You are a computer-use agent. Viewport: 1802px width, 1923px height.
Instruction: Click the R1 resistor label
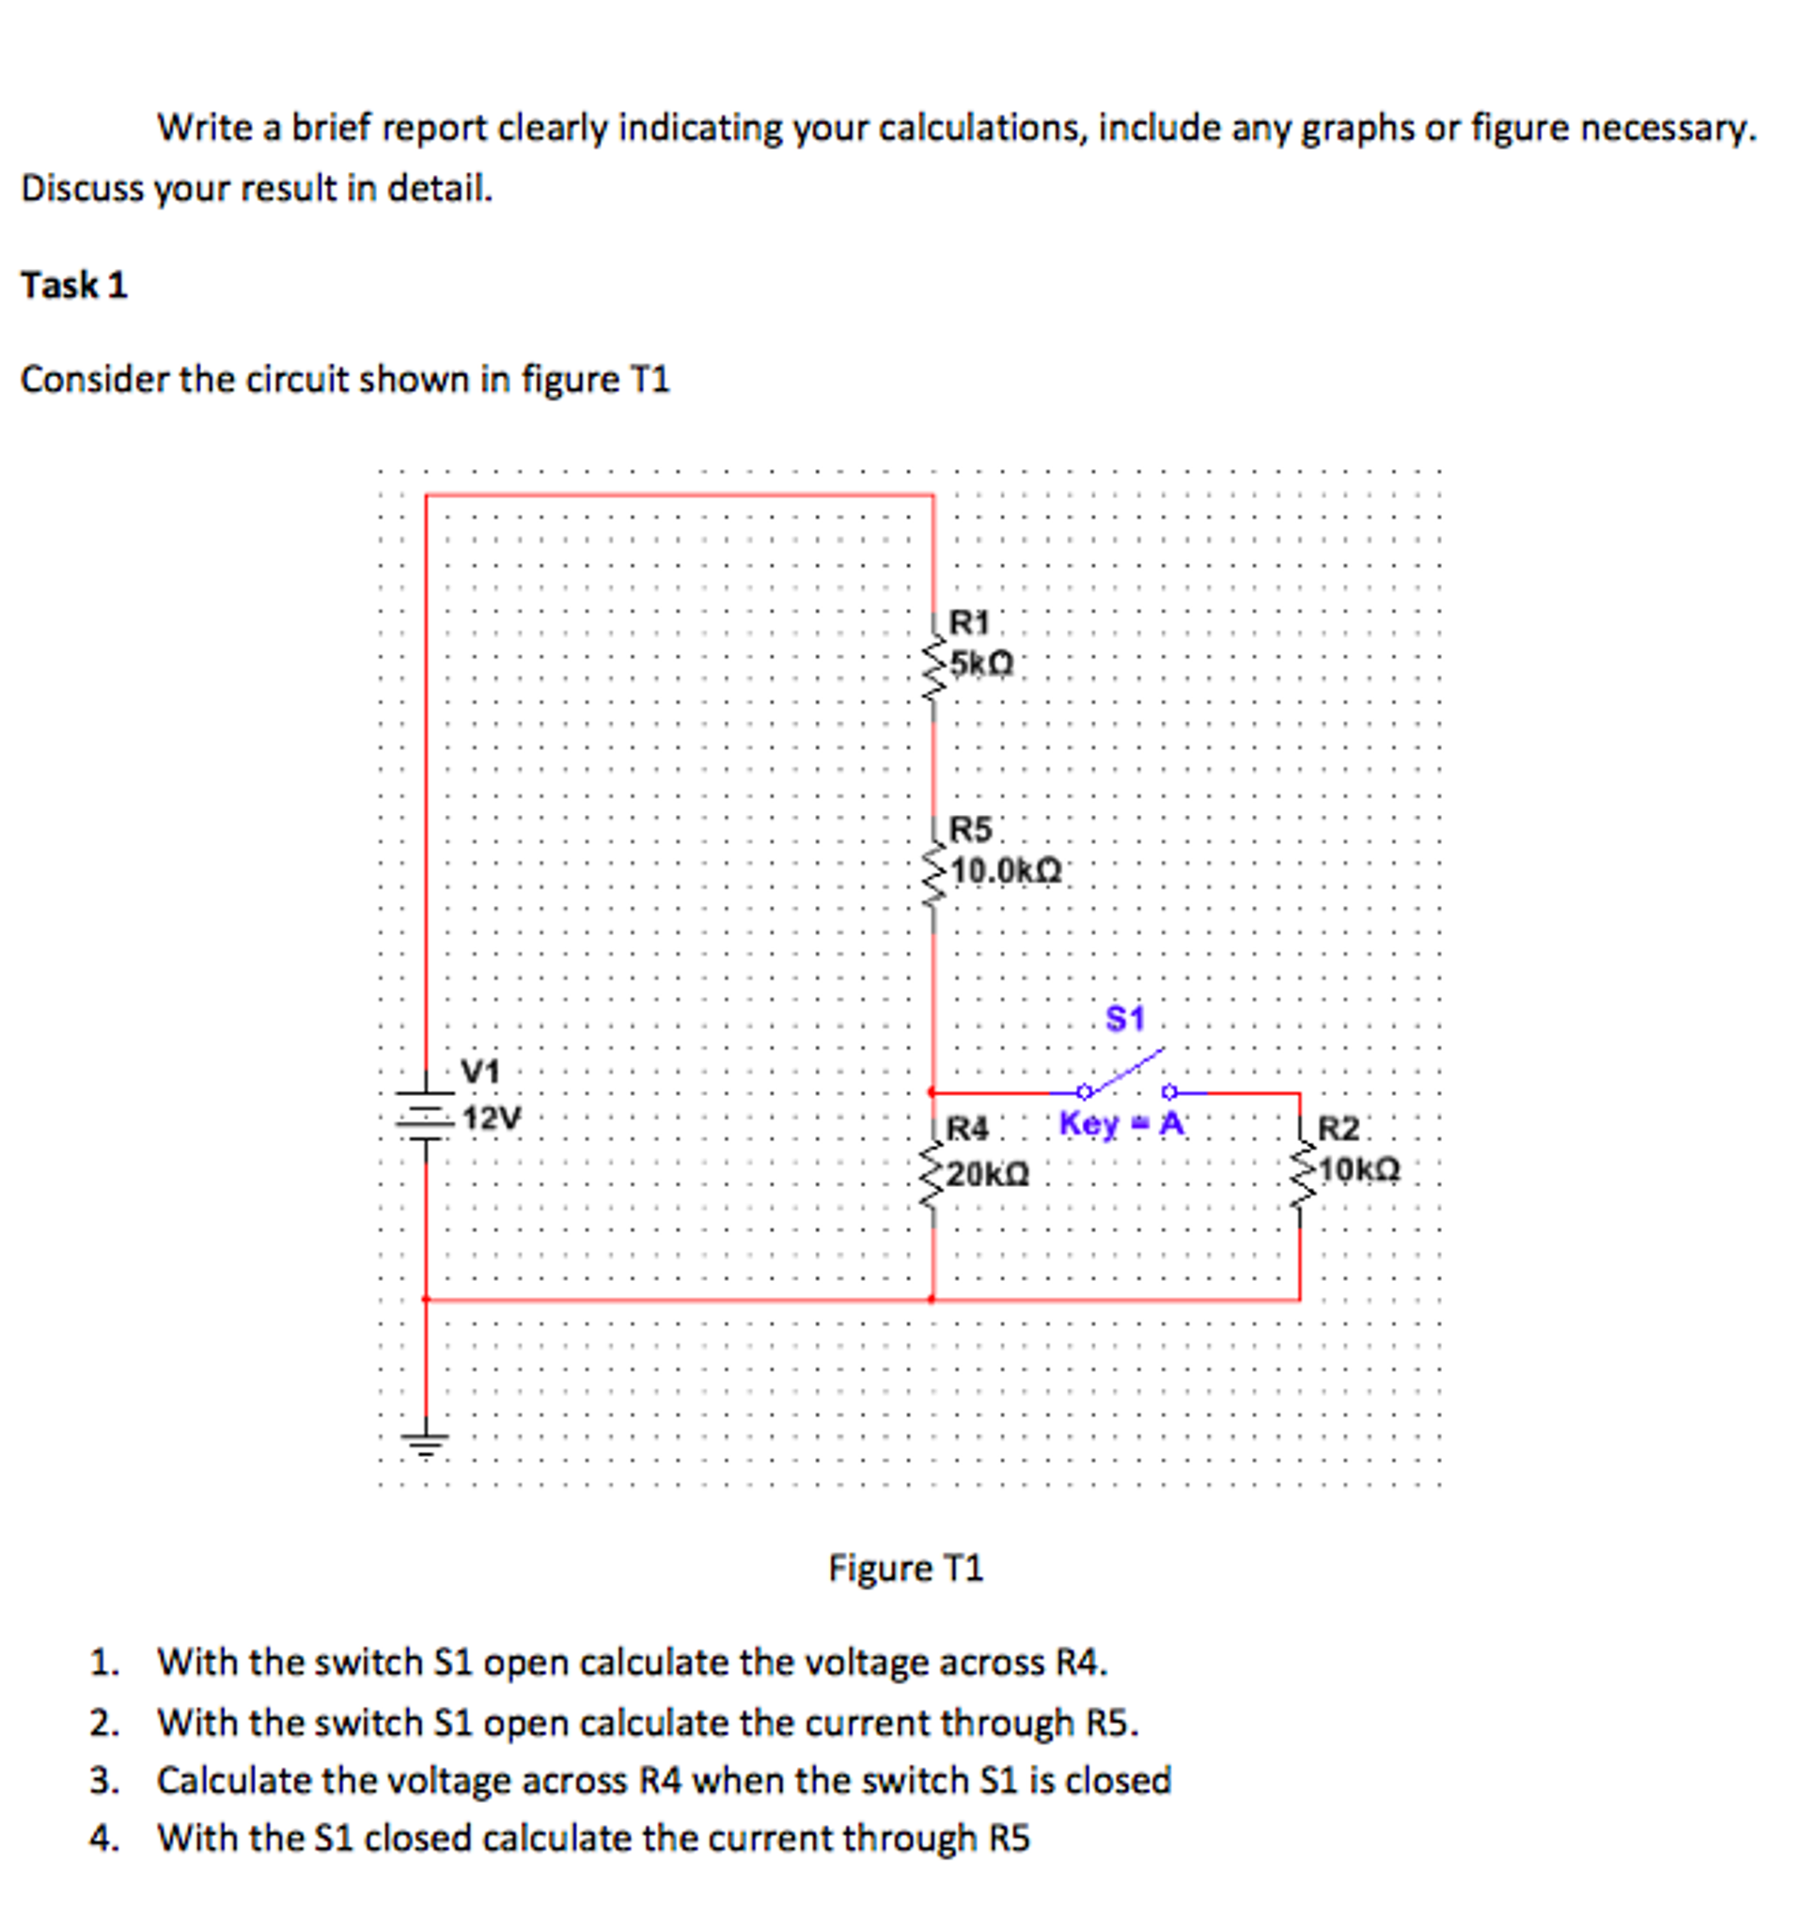[x=968, y=621]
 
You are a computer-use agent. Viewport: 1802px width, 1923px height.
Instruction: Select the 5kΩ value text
[x=980, y=664]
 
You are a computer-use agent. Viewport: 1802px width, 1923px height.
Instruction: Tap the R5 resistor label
[x=970, y=829]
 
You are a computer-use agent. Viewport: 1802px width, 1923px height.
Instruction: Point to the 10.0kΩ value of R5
[x=1005, y=871]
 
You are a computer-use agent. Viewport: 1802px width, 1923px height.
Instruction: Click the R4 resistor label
[x=967, y=1128]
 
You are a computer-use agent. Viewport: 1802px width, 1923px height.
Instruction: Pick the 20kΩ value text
[x=987, y=1174]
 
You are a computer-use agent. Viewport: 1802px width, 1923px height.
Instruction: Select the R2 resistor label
[x=1338, y=1128]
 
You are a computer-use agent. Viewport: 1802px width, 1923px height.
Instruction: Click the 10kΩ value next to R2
[x=1358, y=1170]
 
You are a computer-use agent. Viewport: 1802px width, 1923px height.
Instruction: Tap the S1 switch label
[x=1124, y=1019]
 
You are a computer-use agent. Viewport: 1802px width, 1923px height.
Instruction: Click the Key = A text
[x=1121, y=1124]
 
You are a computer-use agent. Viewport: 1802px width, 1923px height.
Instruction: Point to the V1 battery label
[x=480, y=1071]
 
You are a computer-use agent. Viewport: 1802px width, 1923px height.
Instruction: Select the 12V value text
[x=491, y=1118]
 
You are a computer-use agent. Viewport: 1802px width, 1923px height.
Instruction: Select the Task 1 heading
[x=74, y=286]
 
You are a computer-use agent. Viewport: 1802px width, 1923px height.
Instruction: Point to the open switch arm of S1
[x=1125, y=1071]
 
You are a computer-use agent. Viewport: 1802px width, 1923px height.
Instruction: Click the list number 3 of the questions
[x=102, y=1781]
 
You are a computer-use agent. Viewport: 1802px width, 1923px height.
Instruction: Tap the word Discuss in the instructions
[x=77, y=189]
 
